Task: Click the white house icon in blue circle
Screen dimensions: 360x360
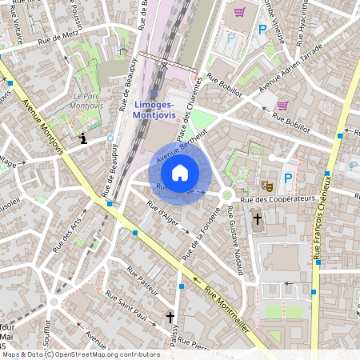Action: coord(180,173)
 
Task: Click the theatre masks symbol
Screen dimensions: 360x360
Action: coord(267,185)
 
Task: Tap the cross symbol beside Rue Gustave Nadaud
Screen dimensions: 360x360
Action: coord(257,218)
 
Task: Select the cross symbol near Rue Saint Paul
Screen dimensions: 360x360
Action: coord(170,318)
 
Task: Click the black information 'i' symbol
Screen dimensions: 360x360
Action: coord(82,139)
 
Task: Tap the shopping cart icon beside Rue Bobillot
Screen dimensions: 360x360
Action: coord(282,105)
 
